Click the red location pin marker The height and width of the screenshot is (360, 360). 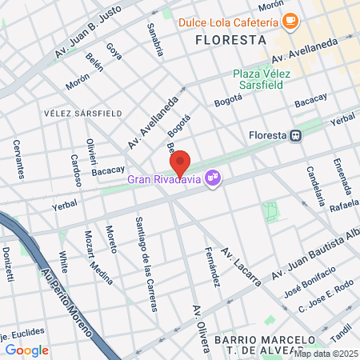click(x=181, y=162)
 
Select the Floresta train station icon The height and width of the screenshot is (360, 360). click(x=297, y=135)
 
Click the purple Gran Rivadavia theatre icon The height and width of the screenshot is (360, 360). click(x=213, y=177)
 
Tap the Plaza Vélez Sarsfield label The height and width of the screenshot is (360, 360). click(x=262, y=79)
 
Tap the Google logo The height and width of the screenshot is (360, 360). click(x=26, y=350)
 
